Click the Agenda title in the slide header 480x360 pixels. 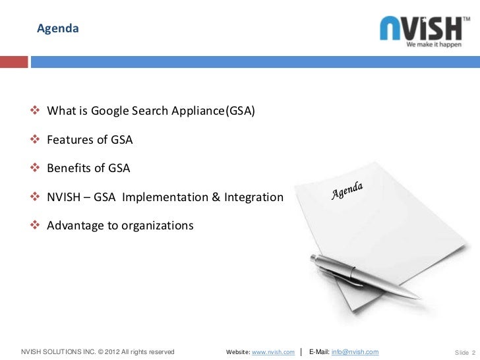[x=57, y=29]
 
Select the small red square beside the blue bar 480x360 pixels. [x=13, y=62]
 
